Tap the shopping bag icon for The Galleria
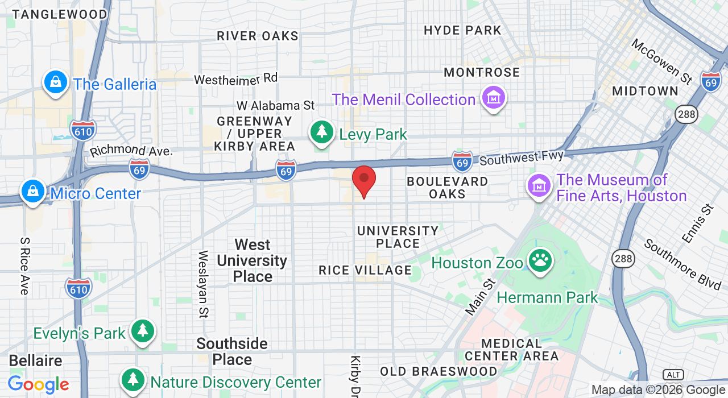[56, 82]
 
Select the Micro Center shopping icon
[33, 191]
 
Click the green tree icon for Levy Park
[322, 132]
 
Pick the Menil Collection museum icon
[493, 98]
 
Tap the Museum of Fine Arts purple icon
[539, 185]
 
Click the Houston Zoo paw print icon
[540, 261]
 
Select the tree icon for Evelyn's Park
[142, 331]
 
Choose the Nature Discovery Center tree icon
[133, 380]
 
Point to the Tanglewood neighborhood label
[60, 14]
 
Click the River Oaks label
[258, 36]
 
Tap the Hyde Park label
[462, 30]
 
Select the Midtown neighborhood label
[645, 91]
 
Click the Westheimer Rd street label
[235, 78]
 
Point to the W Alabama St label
[275, 105]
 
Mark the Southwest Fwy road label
[522, 157]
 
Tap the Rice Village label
[365, 270]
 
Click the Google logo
[38, 385]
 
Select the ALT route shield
[673, 374]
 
